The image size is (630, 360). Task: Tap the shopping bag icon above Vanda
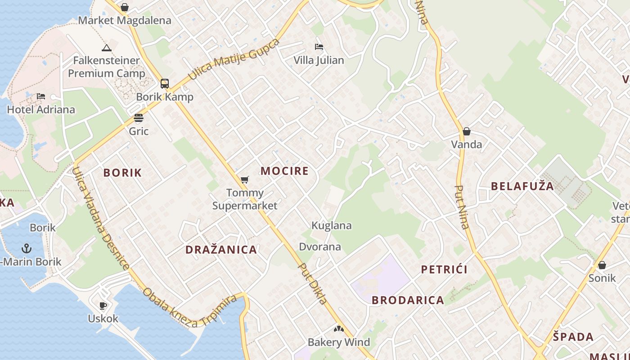467,131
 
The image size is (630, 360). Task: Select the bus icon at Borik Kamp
165,83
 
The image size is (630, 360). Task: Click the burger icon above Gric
139,118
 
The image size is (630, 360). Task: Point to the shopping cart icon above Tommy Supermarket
244,180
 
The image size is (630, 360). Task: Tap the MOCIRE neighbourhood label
284,171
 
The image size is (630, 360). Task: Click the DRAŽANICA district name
221,249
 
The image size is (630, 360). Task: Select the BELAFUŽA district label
522,186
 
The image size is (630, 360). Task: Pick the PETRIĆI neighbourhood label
444,269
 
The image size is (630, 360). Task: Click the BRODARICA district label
408,300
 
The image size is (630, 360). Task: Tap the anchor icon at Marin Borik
27,248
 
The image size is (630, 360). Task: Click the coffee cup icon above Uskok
103,306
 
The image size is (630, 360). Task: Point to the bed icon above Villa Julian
319,47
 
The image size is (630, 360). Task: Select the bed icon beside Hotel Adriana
41,96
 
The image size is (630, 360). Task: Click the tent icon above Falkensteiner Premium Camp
107,48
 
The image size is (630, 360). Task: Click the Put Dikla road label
313,283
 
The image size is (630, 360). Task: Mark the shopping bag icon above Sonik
602,265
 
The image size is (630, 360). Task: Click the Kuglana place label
332,225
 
